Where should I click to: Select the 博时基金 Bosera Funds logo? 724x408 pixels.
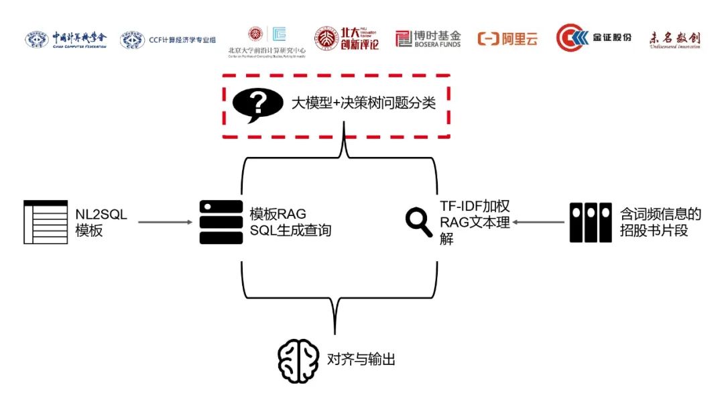(x=428, y=39)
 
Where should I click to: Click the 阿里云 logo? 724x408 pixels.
(x=507, y=39)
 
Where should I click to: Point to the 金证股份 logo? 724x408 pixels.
(x=594, y=38)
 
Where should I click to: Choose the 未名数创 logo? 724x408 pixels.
(x=674, y=40)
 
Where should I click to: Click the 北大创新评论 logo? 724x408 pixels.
(x=347, y=39)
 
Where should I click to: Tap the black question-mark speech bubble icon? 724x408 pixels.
(x=257, y=105)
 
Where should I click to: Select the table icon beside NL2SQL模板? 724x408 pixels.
(x=46, y=221)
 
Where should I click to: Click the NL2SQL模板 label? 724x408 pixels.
(x=101, y=222)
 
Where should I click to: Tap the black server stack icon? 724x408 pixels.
(x=221, y=222)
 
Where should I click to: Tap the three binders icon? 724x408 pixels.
(x=591, y=222)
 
